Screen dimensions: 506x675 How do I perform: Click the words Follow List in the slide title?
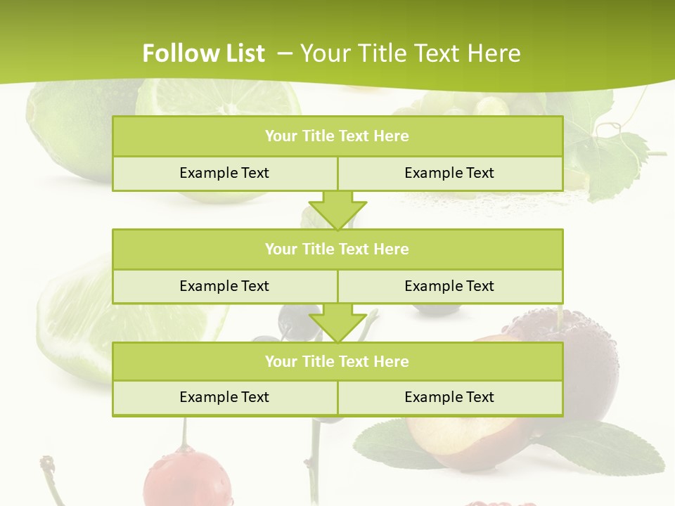[204, 53]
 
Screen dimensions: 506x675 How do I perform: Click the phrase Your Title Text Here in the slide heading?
[410, 53]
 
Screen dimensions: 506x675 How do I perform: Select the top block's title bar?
[337, 136]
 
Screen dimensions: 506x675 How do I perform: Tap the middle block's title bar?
[337, 249]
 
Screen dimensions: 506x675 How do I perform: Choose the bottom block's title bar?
[337, 361]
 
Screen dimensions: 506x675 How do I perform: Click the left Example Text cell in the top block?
[224, 173]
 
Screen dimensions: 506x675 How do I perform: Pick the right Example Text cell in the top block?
[449, 173]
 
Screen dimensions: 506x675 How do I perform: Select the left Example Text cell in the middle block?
[224, 286]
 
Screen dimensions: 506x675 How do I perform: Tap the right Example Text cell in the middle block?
[449, 286]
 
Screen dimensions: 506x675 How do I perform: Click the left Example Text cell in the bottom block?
[224, 397]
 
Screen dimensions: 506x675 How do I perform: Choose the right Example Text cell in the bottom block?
[449, 397]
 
